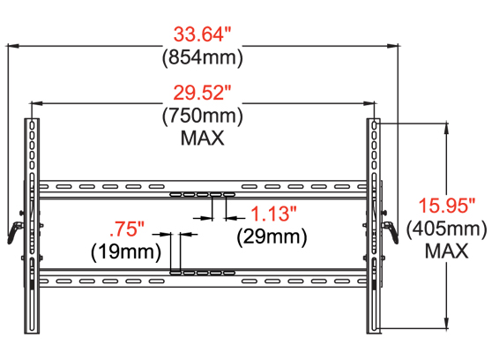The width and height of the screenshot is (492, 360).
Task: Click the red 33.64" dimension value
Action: [x=202, y=37]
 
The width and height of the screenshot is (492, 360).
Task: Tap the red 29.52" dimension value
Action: [x=202, y=93]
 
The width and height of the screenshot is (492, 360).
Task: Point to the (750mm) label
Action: [x=202, y=115]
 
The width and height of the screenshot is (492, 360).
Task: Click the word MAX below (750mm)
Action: [x=202, y=138]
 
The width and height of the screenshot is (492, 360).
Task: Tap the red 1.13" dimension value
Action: [x=274, y=214]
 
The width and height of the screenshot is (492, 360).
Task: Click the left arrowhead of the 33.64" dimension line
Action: [x=11, y=48]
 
